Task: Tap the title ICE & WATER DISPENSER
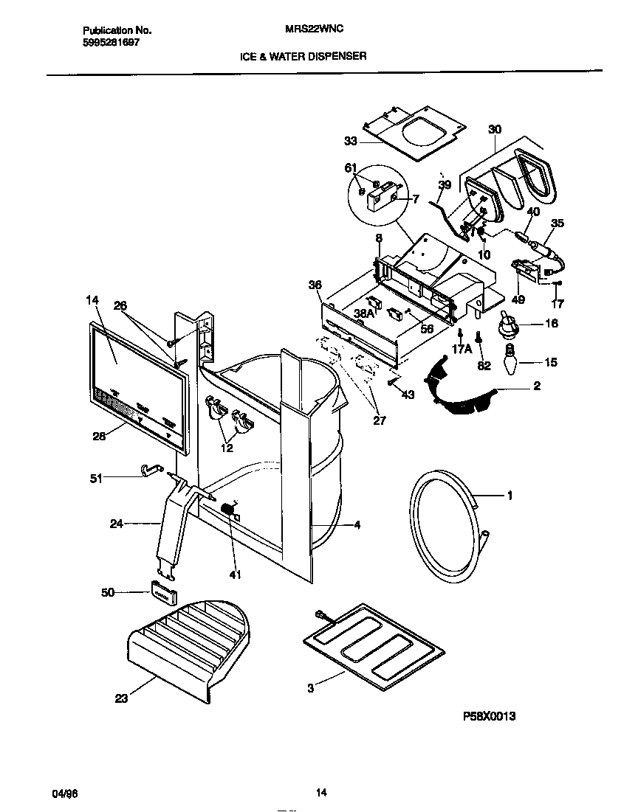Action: (x=303, y=55)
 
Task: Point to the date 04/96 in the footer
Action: (x=64, y=794)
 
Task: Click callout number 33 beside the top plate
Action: (x=350, y=140)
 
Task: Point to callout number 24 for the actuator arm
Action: (x=115, y=524)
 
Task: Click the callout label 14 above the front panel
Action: (x=92, y=301)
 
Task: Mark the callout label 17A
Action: (x=462, y=350)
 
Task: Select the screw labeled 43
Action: (x=391, y=382)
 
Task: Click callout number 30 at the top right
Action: (x=495, y=130)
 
